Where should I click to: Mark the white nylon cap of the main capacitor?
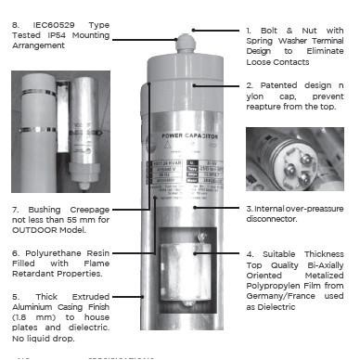185,69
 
